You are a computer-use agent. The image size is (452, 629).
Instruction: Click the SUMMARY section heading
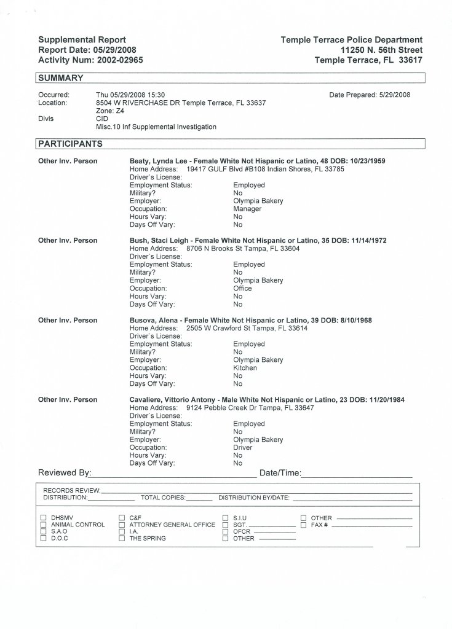[61, 78]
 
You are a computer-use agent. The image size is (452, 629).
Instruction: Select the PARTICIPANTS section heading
[70, 143]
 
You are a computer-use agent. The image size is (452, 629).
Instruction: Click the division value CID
[103, 119]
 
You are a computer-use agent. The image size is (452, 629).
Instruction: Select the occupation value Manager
[247, 209]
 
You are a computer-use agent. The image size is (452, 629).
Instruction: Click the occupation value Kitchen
[245, 368]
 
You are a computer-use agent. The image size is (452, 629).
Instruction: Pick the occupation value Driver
[243, 448]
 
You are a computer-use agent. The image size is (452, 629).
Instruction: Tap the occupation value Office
[243, 288]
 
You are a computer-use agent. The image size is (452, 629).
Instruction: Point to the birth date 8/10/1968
[355, 320]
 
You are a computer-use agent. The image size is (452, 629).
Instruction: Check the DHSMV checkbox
[44, 518]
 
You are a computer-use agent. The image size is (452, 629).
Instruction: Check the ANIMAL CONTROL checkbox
[44, 525]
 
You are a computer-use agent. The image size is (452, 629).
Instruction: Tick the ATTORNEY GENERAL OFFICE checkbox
[122, 525]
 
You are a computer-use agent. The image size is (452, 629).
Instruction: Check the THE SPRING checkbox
[122, 538]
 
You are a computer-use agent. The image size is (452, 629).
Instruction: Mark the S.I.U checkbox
[226, 518]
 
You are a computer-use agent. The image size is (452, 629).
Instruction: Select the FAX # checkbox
[303, 525]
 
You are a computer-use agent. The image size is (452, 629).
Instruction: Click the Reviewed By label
[65, 473]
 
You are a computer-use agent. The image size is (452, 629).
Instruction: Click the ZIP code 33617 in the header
[409, 60]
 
